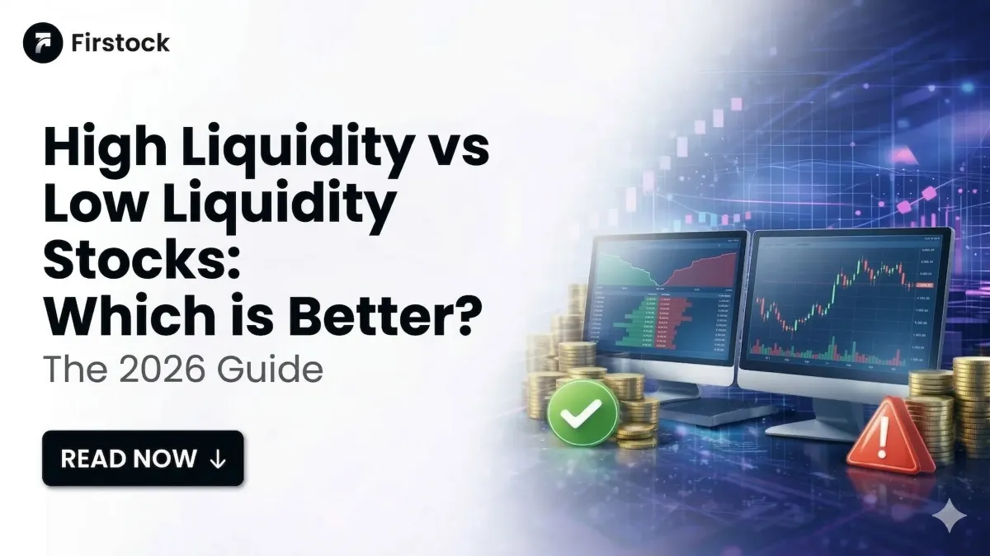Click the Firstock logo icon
coord(43,43)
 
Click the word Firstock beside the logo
coord(121,43)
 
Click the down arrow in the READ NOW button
coord(218,459)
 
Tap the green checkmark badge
coord(582,413)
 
